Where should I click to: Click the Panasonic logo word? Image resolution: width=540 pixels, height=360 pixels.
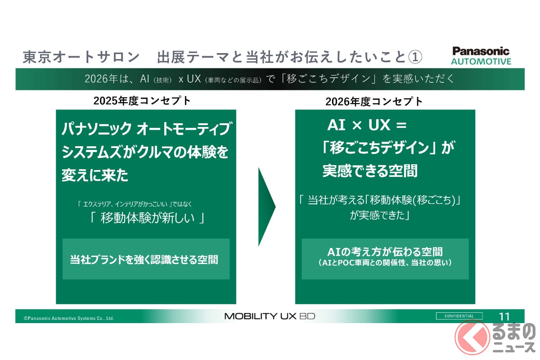[x=481, y=51]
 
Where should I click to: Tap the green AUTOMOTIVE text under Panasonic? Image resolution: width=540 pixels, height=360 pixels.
[x=481, y=62]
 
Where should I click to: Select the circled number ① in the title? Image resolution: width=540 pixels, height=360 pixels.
[x=415, y=57]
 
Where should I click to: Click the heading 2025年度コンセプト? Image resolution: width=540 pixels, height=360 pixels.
[x=142, y=101]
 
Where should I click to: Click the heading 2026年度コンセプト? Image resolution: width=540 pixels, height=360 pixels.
[x=374, y=102]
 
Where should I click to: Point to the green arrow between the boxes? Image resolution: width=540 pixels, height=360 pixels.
[x=266, y=207]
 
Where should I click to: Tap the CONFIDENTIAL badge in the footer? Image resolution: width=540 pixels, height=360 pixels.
[x=459, y=316]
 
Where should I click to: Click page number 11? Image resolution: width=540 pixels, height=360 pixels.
[x=504, y=317]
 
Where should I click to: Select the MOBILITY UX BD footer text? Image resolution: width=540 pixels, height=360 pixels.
[x=270, y=316]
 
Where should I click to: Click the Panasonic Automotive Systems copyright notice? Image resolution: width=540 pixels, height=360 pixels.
[x=69, y=318]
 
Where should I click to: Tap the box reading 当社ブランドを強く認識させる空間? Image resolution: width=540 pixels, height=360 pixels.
[x=146, y=259]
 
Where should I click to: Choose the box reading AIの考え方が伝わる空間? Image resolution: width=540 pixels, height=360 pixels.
[x=385, y=259]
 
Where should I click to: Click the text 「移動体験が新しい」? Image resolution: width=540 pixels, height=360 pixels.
[x=147, y=218]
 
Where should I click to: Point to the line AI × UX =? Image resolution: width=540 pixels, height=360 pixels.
[x=367, y=125]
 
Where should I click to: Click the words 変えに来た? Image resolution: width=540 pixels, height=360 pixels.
[x=95, y=175]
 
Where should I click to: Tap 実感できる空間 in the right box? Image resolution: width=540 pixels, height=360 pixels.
[x=370, y=171]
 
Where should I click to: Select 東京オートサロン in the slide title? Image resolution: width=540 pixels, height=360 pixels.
[x=81, y=57]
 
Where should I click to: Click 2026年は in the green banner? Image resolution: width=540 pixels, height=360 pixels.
[x=106, y=79]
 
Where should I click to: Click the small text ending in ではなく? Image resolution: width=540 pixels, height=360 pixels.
[x=135, y=204]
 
